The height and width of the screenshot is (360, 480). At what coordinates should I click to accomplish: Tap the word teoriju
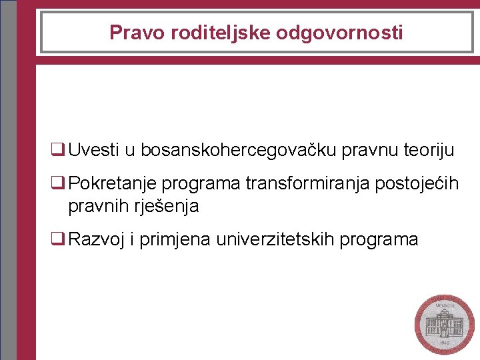[429, 150]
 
